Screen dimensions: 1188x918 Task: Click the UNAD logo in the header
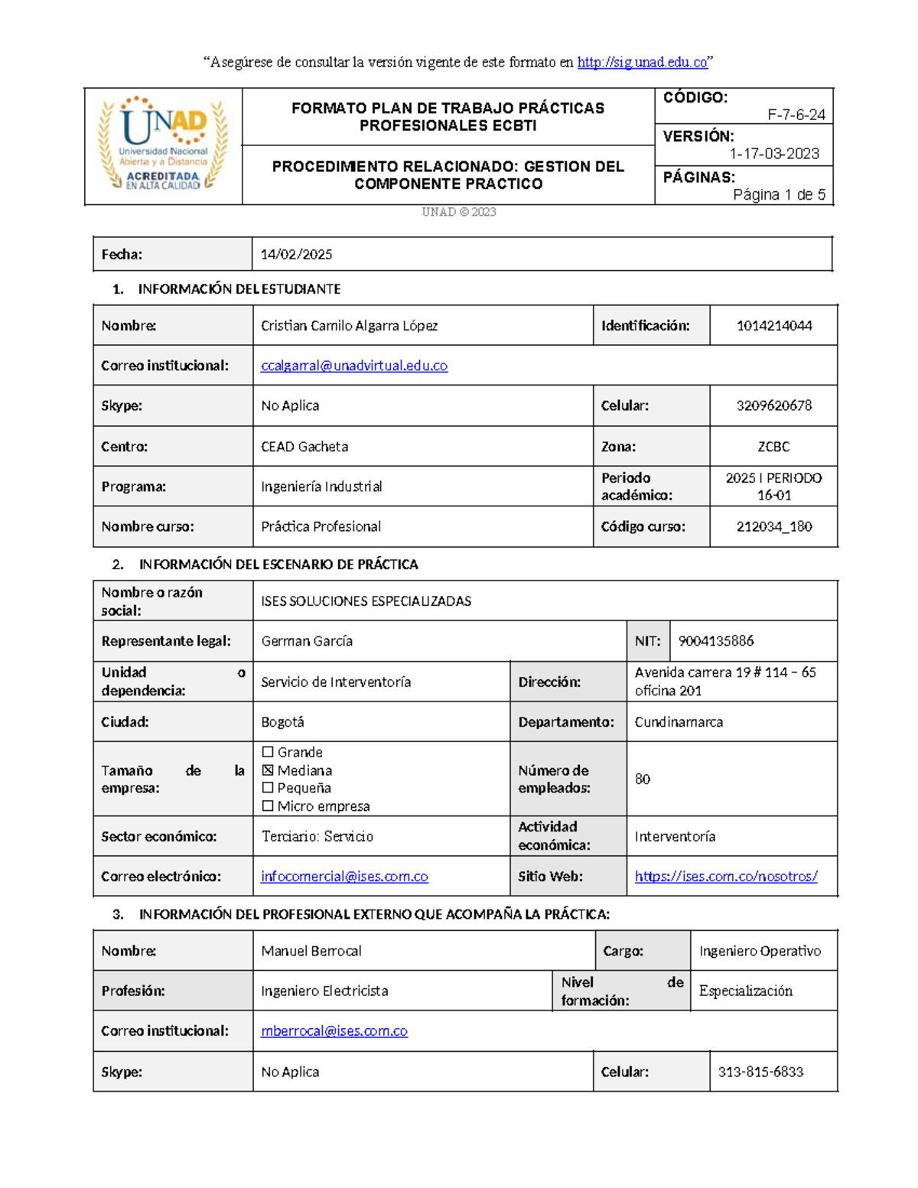tap(163, 145)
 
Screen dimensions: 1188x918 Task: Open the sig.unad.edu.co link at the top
tap(642, 62)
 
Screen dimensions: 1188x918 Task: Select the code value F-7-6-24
tap(796, 115)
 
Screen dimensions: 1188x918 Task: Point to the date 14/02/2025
tap(296, 255)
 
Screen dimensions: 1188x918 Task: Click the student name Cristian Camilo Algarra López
tap(349, 326)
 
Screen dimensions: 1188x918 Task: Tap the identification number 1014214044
tap(773, 326)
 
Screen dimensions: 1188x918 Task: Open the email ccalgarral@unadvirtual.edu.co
tap(353, 366)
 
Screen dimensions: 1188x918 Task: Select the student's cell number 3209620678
tap(773, 405)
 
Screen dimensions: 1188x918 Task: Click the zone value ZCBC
tap(773, 447)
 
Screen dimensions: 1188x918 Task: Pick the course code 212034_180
tap(773, 526)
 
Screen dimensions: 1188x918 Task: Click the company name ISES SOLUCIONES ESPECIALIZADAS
tap(366, 601)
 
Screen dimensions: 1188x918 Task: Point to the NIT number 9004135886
tap(715, 641)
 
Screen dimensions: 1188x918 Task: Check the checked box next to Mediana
tap(268, 770)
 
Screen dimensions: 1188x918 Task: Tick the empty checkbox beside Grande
tap(268, 752)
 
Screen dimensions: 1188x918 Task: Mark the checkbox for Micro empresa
tap(268, 806)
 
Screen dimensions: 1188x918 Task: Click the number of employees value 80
tap(643, 779)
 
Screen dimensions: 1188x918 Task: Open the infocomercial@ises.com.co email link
tap(344, 877)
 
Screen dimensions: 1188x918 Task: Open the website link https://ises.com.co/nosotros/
tap(725, 877)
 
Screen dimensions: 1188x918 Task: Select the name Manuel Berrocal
tap(311, 951)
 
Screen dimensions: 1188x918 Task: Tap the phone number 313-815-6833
tap(760, 1072)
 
